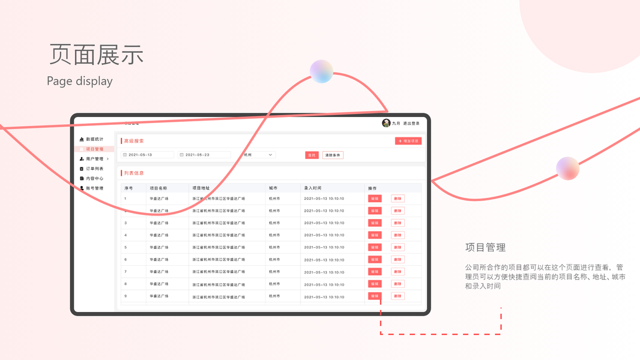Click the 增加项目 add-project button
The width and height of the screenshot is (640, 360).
(x=408, y=141)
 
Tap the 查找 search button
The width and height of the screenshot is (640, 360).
(x=312, y=155)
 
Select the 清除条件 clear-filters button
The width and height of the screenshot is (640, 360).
(x=333, y=155)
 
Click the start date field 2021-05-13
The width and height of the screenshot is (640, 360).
(x=148, y=155)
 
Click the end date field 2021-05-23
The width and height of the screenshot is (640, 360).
(x=204, y=155)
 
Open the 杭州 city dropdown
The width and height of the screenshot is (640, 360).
(x=258, y=155)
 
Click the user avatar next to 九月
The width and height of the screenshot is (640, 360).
(x=386, y=123)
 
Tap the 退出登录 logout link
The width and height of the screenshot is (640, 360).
(x=411, y=123)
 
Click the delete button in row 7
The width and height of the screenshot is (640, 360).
(x=398, y=272)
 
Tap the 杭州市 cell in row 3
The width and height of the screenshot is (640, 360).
(x=275, y=223)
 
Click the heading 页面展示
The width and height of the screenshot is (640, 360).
(x=96, y=54)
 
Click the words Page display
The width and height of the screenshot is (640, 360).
(x=80, y=81)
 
